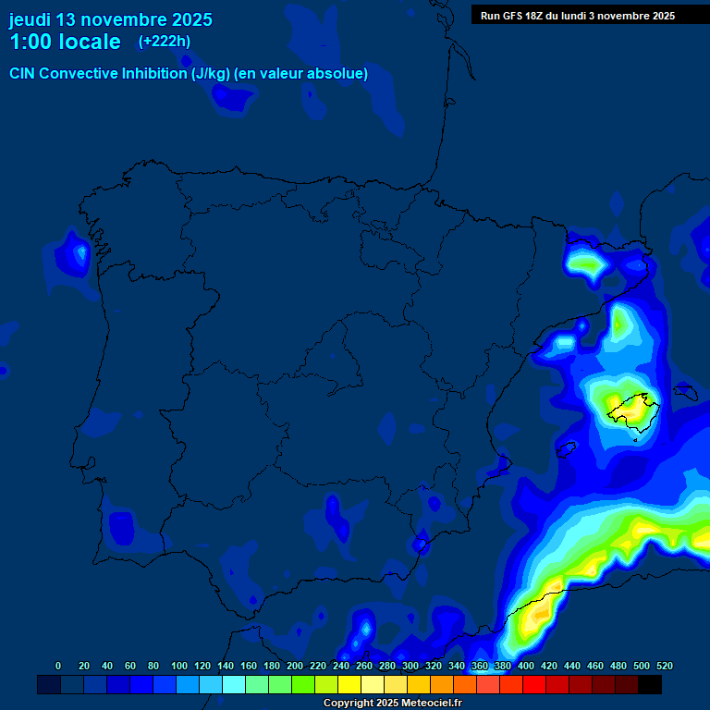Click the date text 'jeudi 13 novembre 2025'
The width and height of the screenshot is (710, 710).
(110, 19)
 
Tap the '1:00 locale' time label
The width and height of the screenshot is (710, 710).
(65, 42)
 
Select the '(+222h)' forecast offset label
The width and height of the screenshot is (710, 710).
(165, 41)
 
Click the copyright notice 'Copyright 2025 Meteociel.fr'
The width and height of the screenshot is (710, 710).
(392, 703)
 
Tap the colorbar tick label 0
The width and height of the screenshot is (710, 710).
(58, 666)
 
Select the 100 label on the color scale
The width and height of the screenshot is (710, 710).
(179, 666)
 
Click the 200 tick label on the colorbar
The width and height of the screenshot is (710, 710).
(295, 666)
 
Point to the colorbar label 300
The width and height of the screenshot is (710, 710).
(410, 666)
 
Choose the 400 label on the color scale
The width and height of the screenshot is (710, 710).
(526, 666)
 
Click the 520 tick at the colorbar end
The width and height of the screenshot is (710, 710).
(664, 666)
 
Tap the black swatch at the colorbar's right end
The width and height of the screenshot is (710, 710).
(650, 684)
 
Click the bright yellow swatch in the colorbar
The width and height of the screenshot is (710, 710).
(349, 684)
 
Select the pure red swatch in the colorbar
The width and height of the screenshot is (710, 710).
(534, 684)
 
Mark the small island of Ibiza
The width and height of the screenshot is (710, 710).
(567, 448)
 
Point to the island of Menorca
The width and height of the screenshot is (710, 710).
(686, 392)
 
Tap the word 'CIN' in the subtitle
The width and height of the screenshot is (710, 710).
(23, 73)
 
